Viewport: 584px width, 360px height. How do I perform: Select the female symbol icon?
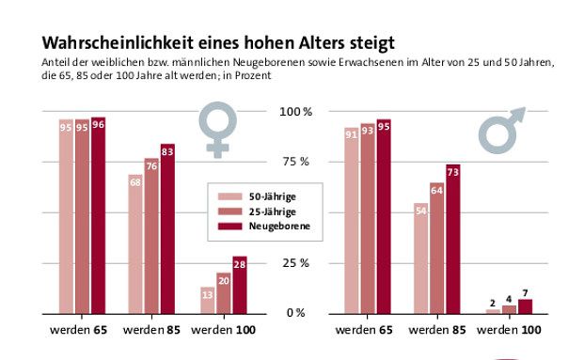(218, 130)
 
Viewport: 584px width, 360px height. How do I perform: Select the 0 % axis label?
(296, 313)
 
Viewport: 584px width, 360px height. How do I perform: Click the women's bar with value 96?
(98, 216)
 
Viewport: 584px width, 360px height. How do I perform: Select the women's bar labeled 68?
(136, 244)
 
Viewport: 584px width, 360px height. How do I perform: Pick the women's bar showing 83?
(168, 229)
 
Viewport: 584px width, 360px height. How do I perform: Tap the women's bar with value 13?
(207, 300)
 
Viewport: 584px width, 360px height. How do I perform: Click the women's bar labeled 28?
(239, 285)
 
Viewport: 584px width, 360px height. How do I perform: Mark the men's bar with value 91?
(352, 221)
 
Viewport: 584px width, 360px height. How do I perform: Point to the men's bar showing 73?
(452, 240)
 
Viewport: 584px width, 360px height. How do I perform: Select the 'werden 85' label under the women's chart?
(152, 331)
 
